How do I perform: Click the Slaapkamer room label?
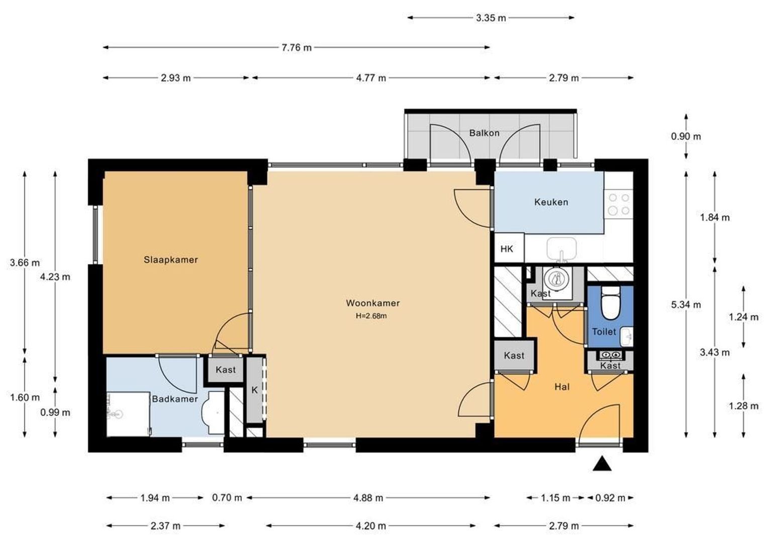[x=171, y=259]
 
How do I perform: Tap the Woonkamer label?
[x=372, y=303]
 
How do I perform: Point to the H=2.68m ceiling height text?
[x=371, y=316]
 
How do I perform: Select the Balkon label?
[x=484, y=133]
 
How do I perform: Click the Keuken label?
[x=551, y=202]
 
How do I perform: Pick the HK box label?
[x=507, y=249]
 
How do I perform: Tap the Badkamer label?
[x=175, y=399]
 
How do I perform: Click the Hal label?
[x=562, y=387]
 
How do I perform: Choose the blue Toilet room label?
[x=604, y=332]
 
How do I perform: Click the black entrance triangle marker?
[x=602, y=464]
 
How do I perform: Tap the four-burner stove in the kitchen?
[x=619, y=204]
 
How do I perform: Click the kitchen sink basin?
[x=561, y=249]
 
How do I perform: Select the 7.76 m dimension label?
[x=297, y=47]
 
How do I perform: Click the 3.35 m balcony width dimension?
[x=491, y=18]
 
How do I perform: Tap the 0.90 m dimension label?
[x=686, y=137]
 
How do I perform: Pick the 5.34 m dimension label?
[x=686, y=305]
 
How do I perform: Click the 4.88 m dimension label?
[x=368, y=498]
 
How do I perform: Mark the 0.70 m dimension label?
[x=227, y=497]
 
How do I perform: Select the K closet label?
[x=254, y=390]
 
